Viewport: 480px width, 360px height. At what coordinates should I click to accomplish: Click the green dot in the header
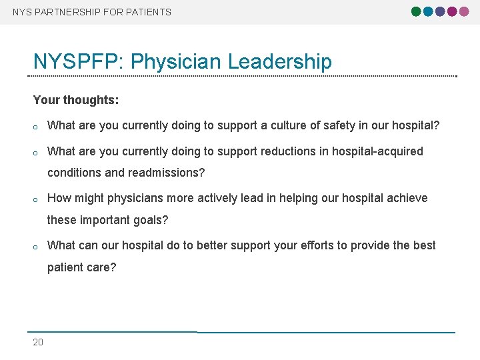coord(417,11)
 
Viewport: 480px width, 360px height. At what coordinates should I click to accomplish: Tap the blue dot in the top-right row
coord(429,11)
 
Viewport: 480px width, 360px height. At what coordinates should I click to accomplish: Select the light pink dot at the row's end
coord(464,11)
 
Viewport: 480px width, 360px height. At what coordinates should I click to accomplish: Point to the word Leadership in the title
coord(280,62)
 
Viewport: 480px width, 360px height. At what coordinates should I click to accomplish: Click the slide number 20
coord(38,342)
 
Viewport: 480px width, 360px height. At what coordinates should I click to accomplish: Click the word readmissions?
coord(167,173)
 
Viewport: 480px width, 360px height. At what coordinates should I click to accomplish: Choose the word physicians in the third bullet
coord(138,198)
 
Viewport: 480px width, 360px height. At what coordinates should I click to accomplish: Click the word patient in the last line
coord(65,267)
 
